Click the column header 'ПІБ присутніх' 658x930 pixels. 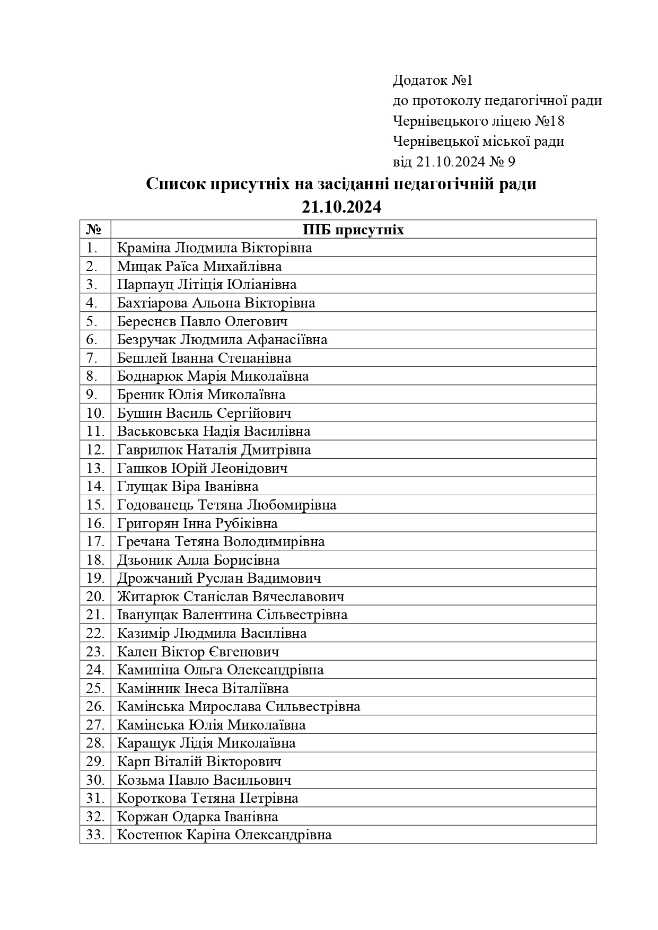click(x=353, y=230)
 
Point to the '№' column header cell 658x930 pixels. click(x=94, y=230)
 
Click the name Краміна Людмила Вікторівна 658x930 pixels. click(x=214, y=248)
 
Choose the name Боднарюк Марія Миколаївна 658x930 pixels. click(x=213, y=376)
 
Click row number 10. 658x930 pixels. click(x=94, y=413)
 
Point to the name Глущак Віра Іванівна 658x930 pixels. click(x=188, y=487)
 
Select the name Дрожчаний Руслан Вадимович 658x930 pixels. click(x=219, y=578)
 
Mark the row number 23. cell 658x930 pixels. click(x=94, y=652)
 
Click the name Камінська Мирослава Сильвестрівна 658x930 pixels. click(x=238, y=707)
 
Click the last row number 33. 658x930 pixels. click(x=94, y=835)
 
